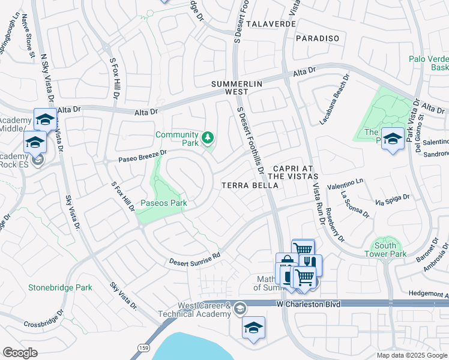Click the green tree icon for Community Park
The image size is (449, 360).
coord(208,139)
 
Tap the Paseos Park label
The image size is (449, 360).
coord(164,203)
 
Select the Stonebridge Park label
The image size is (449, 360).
coord(60,287)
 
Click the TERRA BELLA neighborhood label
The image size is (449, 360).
coord(250,185)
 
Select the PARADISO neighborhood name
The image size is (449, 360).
coord(318,38)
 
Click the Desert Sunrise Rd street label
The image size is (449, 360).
coord(194,259)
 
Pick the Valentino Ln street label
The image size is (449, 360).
coord(345,183)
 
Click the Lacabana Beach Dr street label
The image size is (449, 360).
coord(334,100)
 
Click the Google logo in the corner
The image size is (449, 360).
coord(20,353)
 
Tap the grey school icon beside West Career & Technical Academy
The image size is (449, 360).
coord(240,308)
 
